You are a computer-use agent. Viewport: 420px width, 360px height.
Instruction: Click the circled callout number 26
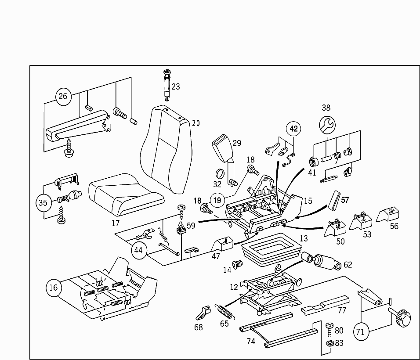coord(63,96)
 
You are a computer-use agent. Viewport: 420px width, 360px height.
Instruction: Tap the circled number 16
coord(53,288)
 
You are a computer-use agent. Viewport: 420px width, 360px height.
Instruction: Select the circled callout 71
coord(360,332)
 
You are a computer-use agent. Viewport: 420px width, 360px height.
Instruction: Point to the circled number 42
coord(294,129)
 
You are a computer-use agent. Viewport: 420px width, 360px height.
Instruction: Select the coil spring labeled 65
coord(226,312)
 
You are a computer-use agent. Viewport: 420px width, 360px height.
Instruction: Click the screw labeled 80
coord(329,328)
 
